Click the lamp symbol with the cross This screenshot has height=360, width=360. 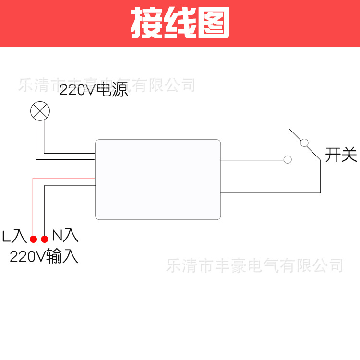(x=40, y=111)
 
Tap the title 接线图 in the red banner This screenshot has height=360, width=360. (x=180, y=23)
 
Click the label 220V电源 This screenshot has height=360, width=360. (x=94, y=90)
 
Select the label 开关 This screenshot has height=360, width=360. (x=341, y=155)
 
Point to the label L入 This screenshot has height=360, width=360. (x=14, y=236)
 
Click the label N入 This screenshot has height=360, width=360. (x=65, y=235)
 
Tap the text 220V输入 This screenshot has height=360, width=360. (x=44, y=256)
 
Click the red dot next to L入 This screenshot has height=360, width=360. (x=33, y=239)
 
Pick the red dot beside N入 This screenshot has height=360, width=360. (x=45, y=239)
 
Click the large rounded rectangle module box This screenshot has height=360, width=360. (x=158, y=180)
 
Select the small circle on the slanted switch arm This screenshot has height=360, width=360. (x=304, y=143)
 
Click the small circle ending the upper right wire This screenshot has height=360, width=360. (x=288, y=159)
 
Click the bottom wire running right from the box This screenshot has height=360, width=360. (x=270, y=193)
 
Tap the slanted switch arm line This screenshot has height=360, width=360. (x=305, y=144)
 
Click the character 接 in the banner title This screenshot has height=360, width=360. (x=147, y=23)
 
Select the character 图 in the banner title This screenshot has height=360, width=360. (x=214, y=23)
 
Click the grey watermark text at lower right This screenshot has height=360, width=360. (x=254, y=265)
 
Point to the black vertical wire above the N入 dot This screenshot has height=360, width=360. (x=45, y=211)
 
